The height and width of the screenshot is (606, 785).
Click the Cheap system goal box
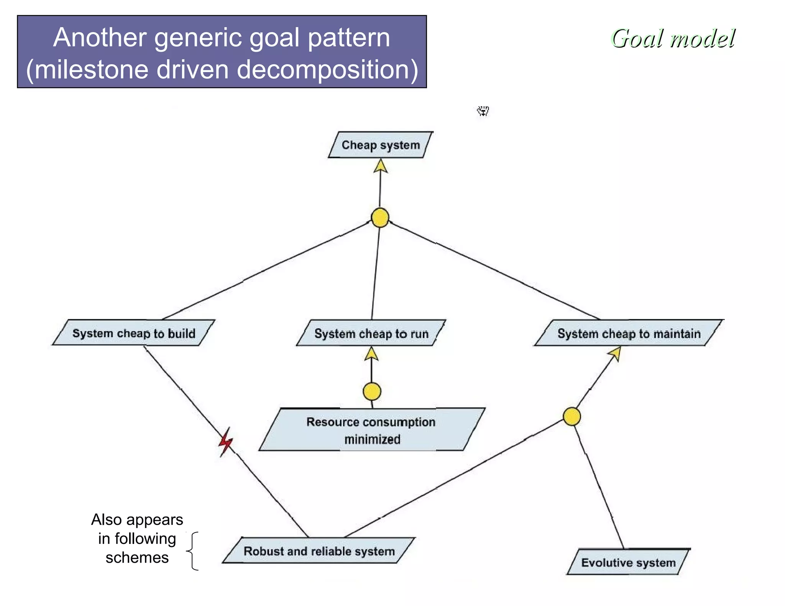tap(381, 145)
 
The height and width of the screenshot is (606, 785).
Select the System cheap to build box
tap(134, 333)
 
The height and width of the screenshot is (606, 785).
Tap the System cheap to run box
tap(371, 333)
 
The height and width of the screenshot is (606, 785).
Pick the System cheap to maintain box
tap(629, 333)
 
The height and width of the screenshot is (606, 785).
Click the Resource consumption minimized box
tap(371, 430)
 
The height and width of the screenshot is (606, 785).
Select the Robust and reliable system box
tap(319, 551)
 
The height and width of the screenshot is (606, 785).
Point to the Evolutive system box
tap(628, 562)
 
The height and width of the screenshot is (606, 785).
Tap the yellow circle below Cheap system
tap(380, 218)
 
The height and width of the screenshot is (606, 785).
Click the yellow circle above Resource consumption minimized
tap(372, 391)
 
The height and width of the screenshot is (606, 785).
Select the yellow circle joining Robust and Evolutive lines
tap(572, 416)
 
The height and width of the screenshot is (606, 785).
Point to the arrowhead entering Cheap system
tap(380, 166)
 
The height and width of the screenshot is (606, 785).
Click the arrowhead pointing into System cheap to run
tap(371, 354)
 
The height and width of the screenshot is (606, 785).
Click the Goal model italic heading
tap(673, 39)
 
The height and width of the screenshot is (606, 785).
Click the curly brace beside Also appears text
tap(193, 551)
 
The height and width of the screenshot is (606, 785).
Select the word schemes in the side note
tap(137, 557)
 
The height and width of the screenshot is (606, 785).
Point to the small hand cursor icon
tap(483, 111)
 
